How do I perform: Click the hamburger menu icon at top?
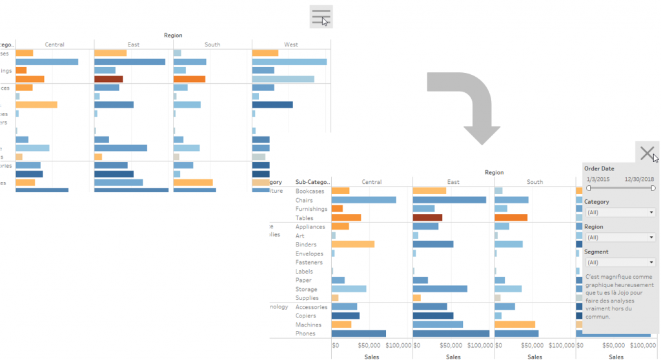tap(321, 16)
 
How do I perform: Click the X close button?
tap(647, 153)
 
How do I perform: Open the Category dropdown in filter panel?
tap(620, 212)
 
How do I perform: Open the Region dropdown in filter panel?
tap(620, 237)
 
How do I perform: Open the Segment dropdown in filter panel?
tap(620, 263)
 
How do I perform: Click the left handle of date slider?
tap(588, 188)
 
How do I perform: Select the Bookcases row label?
tap(310, 191)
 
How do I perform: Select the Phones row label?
tap(305, 334)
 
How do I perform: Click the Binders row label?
tap(306, 245)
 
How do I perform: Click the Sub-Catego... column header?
tap(312, 182)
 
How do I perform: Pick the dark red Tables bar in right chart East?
tap(427, 218)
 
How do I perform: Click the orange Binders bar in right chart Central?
tap(352, 245)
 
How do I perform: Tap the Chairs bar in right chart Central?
tap(363, 200)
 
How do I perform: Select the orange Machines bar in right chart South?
tap(514, 325)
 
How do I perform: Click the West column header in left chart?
tap(291, 45)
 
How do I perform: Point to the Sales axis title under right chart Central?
tap(371, 356)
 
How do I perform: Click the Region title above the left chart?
tap(173, 35)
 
